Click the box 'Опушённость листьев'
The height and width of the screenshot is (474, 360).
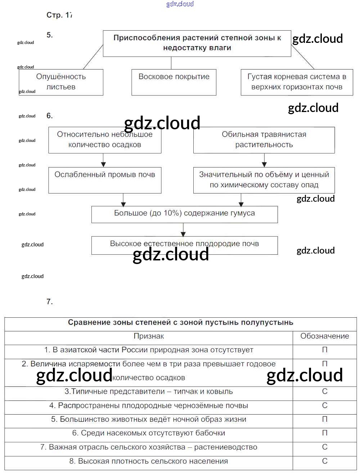(61, 82)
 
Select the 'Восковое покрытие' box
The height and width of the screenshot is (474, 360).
(174, 82)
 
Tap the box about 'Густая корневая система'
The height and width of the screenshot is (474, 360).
(297, 82)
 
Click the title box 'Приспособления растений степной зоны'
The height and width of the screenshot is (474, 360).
(197, 43)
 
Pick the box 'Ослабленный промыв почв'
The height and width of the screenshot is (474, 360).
(105, 180)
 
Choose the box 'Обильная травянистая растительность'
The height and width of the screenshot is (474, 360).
(264, 140)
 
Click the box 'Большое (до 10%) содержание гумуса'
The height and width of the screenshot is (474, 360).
(184, 214)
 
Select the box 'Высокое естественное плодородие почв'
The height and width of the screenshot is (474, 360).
(184, 245)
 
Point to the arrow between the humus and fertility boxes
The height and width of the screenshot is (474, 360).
(184, 230)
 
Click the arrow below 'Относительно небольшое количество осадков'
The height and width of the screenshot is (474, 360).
(103, 160)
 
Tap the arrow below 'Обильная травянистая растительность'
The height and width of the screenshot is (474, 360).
(264, 160)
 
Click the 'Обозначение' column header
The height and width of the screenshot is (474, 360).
(325, 336)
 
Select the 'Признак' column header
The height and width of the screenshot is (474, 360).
(149, 336)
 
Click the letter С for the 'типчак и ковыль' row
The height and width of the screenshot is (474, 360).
(325, 392)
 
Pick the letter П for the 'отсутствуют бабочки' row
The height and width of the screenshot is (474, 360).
(325, 433)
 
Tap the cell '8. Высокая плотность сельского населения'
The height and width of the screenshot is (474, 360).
(149, 461)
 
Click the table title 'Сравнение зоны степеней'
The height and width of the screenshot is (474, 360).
(180, 323)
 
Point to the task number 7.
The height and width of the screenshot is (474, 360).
(50, 302)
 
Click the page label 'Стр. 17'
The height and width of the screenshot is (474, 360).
(59, 15)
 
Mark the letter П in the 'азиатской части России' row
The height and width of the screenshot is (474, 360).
(325, 350)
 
